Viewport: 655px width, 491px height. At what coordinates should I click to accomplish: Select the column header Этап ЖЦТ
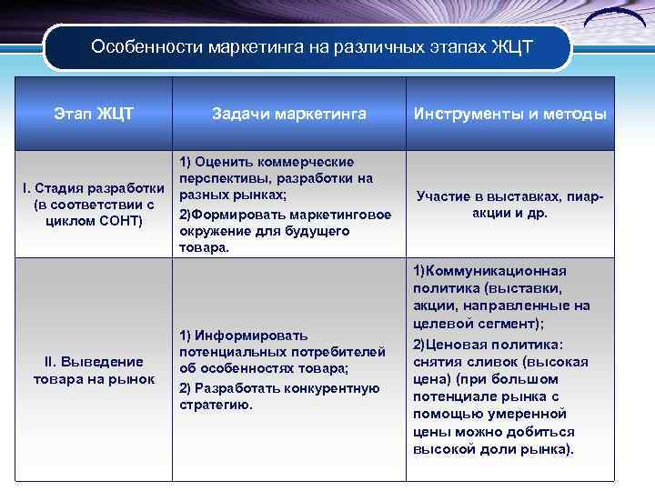click(x=94, y=114)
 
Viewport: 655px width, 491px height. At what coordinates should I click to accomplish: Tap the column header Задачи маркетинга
click(x=289, y=114)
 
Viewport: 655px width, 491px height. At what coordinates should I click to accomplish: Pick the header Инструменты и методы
click(x=509, y=114)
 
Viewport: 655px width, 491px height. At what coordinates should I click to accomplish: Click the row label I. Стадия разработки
click(x=94, y=188)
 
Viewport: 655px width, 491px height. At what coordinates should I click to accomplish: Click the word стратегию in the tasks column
click(x=216, y=405)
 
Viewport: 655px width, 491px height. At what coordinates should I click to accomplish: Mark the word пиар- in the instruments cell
click(x=586, y=195)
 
